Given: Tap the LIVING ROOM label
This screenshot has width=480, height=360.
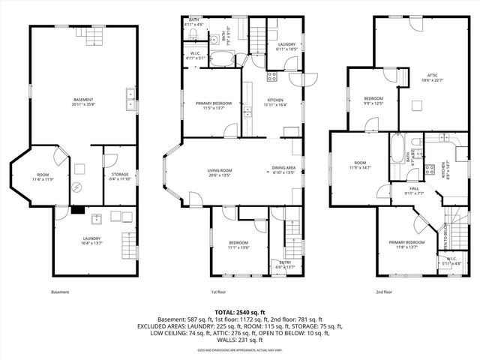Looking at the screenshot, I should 219,172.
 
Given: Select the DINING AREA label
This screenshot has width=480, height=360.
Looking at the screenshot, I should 283,169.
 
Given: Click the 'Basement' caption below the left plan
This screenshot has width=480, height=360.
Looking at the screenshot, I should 60,292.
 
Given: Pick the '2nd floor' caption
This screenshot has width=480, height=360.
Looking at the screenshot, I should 384,292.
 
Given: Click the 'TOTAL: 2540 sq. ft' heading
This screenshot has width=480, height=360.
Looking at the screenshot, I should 239,312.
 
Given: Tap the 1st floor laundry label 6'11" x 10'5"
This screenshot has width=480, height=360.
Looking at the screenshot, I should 286,46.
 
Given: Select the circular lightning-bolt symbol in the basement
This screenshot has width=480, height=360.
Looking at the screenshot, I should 76,187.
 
